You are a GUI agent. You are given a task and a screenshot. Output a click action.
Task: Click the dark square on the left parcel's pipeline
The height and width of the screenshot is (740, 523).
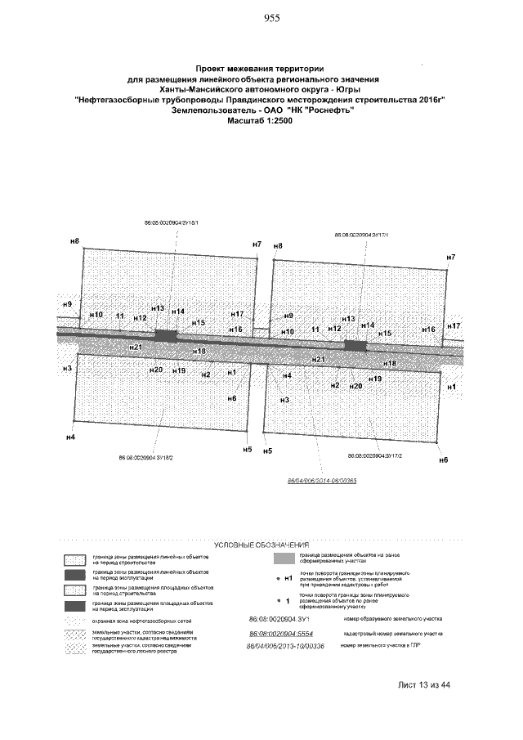tap(167, 335)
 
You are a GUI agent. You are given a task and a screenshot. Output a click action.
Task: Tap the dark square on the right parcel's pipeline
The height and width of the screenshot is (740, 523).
tap(355, 346)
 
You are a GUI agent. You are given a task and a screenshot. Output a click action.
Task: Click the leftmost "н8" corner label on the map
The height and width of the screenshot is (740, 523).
tap(74, 241)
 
